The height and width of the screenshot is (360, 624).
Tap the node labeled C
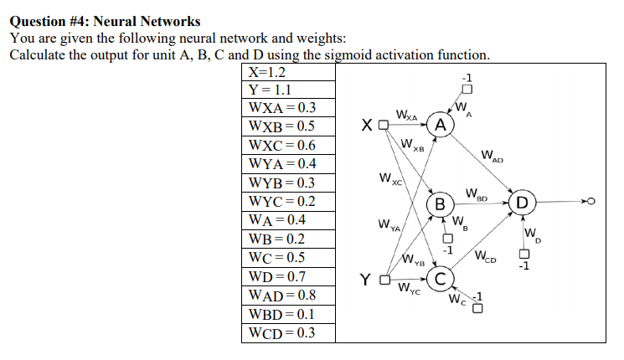tap(441, 280)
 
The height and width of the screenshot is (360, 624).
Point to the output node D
tap(522, 203)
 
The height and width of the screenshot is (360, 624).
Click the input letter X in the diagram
tap(368, 126)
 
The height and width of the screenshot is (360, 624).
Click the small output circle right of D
tap(591, 203)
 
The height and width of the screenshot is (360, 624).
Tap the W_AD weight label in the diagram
tap(492, 155)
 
